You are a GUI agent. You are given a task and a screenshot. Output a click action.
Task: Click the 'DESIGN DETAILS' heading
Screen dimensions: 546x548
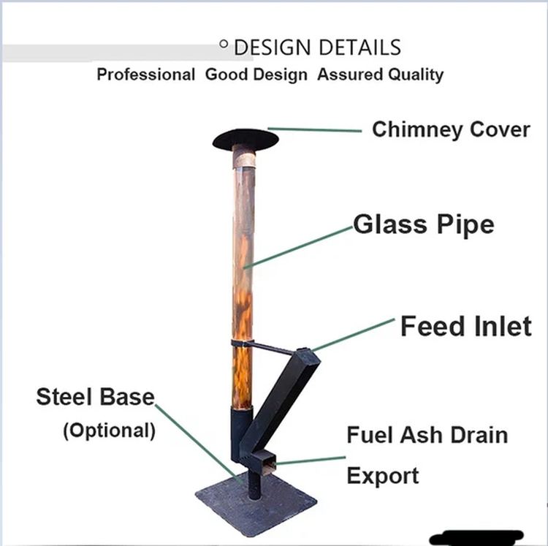coord(317,48)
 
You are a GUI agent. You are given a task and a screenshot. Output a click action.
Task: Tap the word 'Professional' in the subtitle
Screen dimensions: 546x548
coord(146,75)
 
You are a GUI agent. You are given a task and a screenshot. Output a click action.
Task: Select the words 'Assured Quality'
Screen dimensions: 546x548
coord(380,75)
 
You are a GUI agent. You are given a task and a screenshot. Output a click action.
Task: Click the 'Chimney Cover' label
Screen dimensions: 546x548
coord(451,129)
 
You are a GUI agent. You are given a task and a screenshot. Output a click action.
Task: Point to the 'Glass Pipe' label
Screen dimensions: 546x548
coord(424,224)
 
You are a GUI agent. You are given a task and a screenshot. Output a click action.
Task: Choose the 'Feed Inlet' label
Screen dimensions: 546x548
coord(465,326)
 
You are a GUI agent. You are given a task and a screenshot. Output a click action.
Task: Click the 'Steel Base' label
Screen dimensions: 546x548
coord(95,397)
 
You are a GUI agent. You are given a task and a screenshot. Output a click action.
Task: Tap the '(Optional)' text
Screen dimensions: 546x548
coord(109,430)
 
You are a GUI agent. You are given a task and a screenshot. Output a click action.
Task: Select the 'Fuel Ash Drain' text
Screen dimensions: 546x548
coord(427,436)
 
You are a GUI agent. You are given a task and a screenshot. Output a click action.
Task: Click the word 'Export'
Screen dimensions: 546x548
coord(382,476)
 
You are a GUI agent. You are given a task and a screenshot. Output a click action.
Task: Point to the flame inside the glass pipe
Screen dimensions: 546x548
coord(243,292)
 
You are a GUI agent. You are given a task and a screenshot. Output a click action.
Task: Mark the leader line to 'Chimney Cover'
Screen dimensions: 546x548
coord(314,130)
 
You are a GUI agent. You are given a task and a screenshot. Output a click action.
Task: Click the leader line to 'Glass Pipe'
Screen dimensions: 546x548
coord(300,246)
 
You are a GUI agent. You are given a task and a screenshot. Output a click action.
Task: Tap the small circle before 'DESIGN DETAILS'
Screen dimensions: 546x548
coord(224,45)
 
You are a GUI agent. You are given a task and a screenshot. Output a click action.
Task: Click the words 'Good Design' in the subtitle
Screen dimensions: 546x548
coord(256,75)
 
